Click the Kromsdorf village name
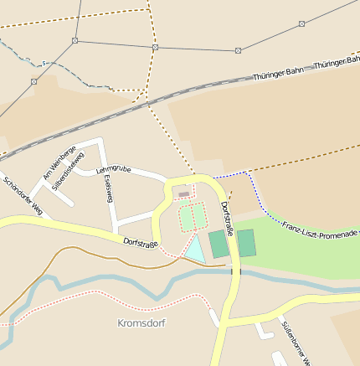pos(141,322)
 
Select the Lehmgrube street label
pos(114,170)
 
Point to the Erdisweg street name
pos(108,191)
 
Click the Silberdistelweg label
pos(68,172)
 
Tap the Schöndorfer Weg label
pos(22,195)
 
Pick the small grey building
pos(183,194)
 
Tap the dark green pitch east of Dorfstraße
pos(246,243)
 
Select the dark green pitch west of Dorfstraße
pos(219,244)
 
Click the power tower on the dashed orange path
pos(155,48)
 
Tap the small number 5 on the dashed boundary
pos(44,63)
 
